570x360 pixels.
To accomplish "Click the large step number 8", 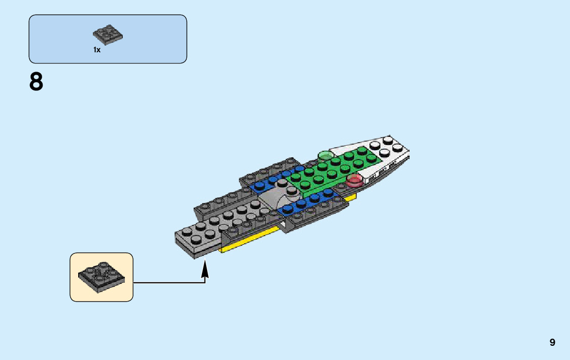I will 37,82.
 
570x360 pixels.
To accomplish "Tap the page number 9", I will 552,343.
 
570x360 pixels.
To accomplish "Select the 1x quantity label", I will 96,50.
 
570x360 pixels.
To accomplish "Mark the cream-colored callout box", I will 102,277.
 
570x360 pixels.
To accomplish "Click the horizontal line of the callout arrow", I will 167,282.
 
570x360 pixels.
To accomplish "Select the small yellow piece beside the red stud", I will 350,197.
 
